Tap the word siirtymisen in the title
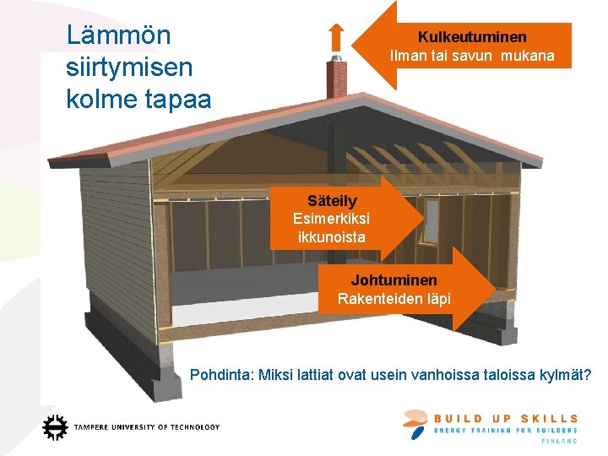click(129, 67)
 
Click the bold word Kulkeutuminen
click(472, 37)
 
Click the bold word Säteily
click(332, 201)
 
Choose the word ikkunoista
click(332, 237)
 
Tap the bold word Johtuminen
click(394, 280)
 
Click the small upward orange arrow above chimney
click(335, 37)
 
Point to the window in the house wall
click(432, 220)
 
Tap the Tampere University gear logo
click(55, 427)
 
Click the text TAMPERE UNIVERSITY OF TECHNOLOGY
click(147, 427)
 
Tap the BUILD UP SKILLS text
click(506, 418)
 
